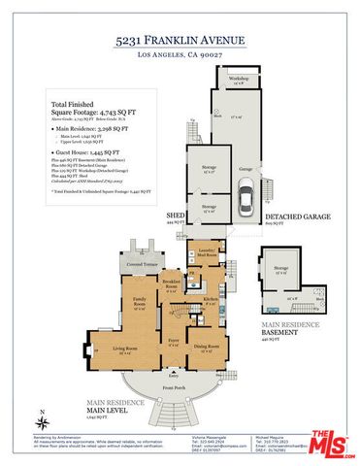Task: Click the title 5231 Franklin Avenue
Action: pyautogui.click(x=180, y=40)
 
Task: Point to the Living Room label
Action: pyautogui.click(x=125, y=347)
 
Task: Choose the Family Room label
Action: pyautogui.click(x=140, y=302)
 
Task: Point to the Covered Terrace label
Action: pyautogui.click(x=142, y=263)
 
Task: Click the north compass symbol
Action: pyautogui.click(x=43, y=422)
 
